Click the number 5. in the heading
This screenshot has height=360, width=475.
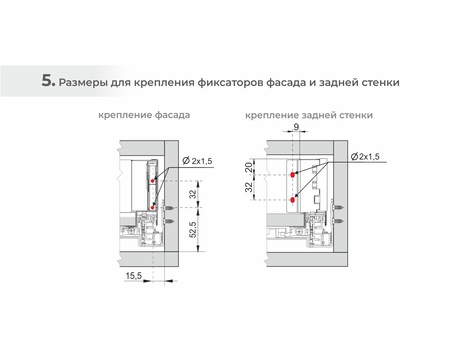pos(48,81)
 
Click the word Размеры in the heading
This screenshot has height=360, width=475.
pos(83,83)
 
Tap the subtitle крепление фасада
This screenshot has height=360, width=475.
pos(144,115)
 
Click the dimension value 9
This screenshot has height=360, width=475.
pos(296,127)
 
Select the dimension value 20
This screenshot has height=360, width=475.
pos(249,167)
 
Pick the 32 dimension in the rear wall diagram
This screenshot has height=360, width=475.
pos(249,187)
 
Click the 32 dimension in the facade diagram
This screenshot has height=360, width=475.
pos(193,194)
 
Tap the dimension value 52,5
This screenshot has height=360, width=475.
pos(193,229)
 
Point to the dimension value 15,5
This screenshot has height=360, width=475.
pos(134,276)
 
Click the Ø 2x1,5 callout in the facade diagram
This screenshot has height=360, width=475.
pos(197,161)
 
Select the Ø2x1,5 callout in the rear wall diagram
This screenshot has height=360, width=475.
pos(365,156)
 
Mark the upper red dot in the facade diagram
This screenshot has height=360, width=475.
pos(153,181)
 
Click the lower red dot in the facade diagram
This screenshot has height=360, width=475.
pos(152,208)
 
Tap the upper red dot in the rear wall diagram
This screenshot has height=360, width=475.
pos(293,175)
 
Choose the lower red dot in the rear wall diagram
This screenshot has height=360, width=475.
pos(293,200)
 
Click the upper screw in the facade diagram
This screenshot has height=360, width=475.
pos(169,209)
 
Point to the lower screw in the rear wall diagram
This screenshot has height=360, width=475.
pos(338,221)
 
